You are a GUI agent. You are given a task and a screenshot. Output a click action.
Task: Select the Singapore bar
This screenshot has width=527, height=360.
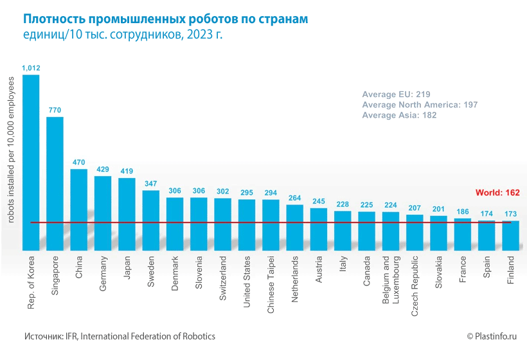point(55,183)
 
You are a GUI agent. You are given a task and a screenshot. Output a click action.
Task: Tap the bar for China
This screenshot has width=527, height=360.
point(78,209)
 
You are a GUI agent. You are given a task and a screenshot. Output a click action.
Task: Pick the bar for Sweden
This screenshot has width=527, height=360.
point(151,220)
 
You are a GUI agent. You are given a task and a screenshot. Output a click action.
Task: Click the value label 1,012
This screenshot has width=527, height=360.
point(31,67)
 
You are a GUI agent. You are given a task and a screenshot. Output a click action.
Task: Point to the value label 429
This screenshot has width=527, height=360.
point(103,169)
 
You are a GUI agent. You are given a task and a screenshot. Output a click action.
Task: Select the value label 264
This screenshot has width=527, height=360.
point(295,198)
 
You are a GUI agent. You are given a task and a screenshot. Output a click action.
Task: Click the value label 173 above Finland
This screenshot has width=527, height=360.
point(511,213)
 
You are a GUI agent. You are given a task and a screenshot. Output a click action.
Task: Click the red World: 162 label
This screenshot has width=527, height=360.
point(497,192)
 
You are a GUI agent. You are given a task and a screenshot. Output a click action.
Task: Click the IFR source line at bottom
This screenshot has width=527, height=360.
point(120,336)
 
